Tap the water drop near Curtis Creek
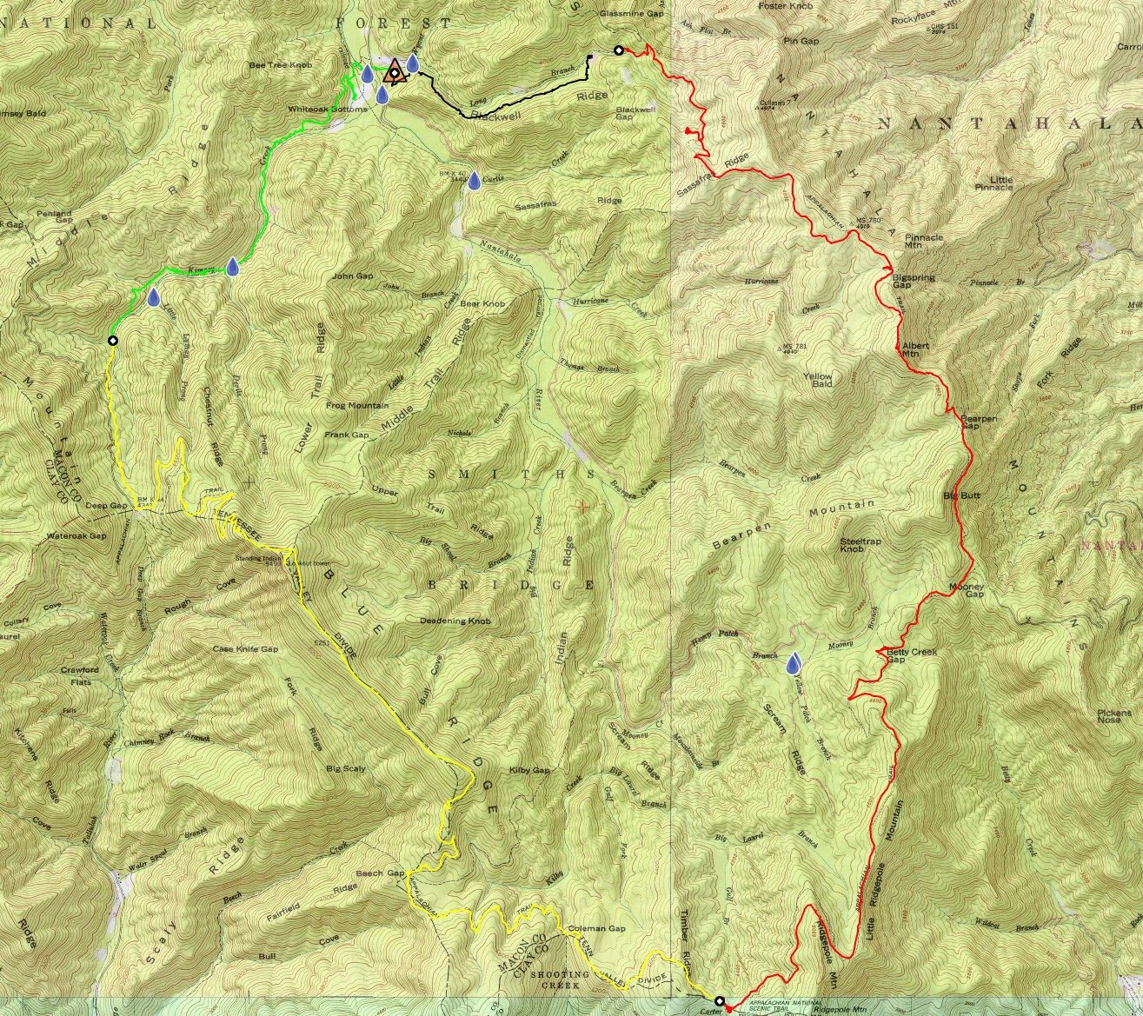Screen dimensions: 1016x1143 [474, 181]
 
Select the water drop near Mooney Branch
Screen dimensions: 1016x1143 [793, 664]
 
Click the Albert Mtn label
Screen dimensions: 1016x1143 [916, 349]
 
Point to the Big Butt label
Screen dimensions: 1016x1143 [961, 495]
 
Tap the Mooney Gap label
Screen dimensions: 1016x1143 [967, 590]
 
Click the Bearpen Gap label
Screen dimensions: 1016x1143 [978, 422]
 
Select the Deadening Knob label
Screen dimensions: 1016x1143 [455, 621]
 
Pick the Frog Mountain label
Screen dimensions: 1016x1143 [357, 406]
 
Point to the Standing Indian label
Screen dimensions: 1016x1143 [257, 558]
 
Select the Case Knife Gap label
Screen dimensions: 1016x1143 [245, 649]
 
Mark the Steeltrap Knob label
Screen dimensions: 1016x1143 [862, 545]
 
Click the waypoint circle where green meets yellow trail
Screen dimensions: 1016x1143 [112, 340]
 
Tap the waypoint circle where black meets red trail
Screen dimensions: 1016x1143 [618, 50]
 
